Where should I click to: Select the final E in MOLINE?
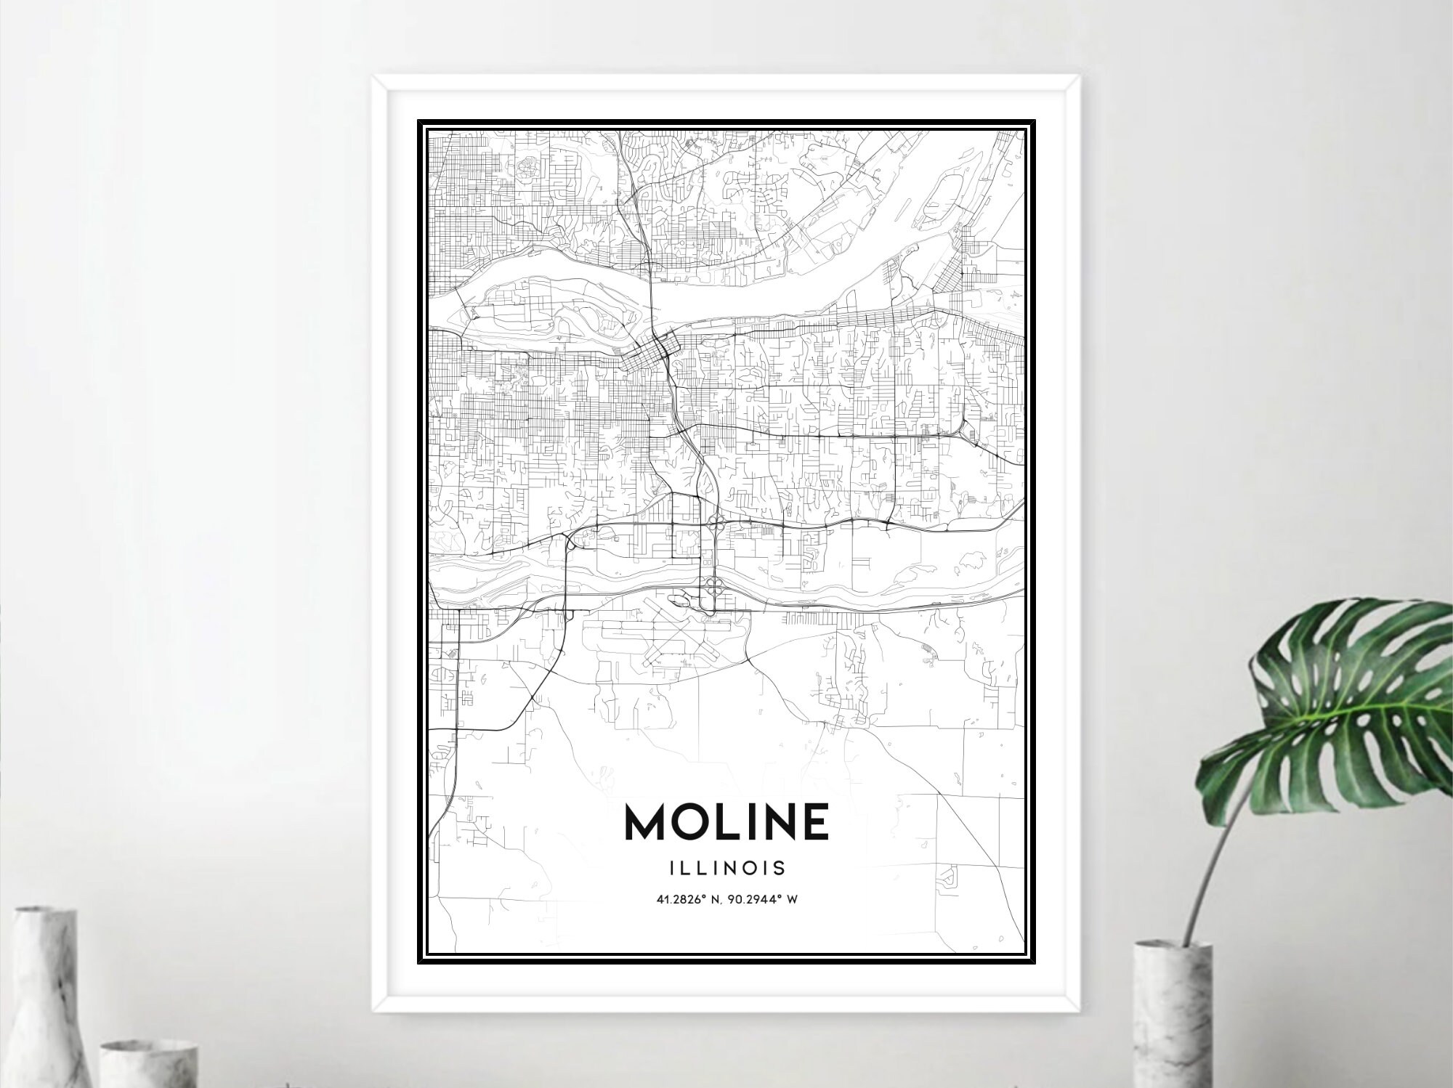coord(814,822)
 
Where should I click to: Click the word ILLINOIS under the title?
coord(726,868)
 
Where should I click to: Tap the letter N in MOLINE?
coord(776,822)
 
